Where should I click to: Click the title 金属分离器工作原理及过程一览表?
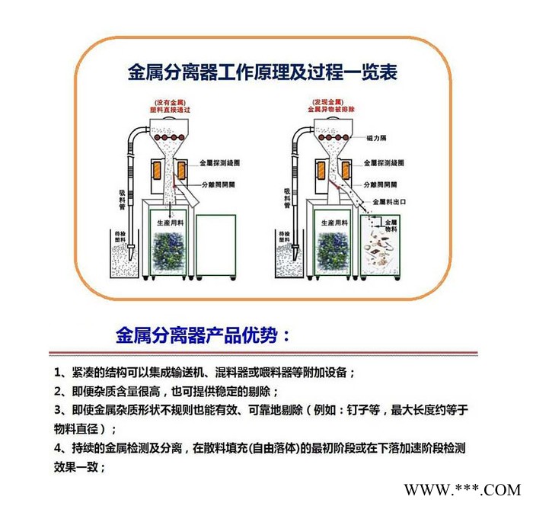point(262,73)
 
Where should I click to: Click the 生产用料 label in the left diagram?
point(170,223)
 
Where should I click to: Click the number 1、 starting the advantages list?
point(60,373)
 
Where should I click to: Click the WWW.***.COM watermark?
point(461,488)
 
